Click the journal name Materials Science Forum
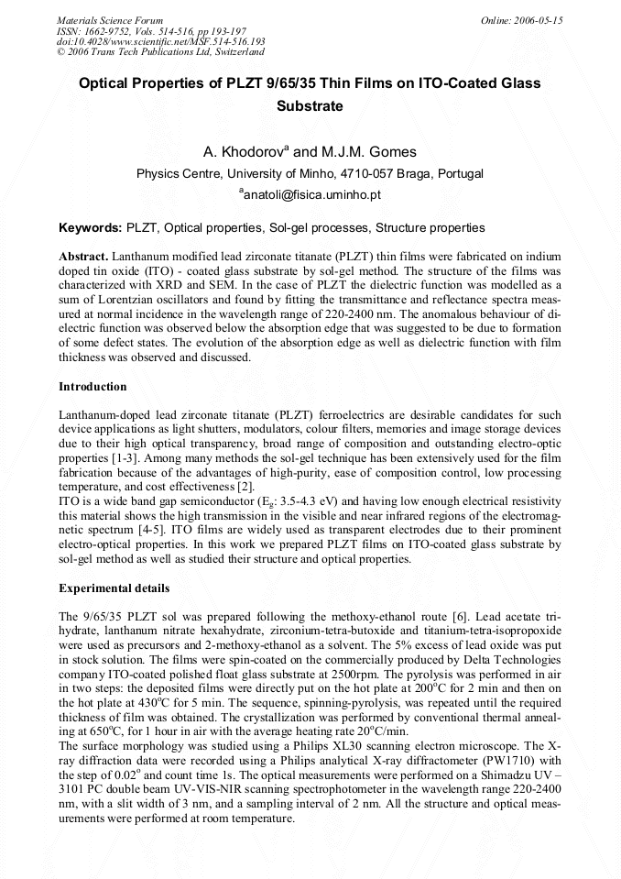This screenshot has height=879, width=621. pyautogui.click(x=110, y=20)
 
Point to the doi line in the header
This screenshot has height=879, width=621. pyautogui.click(x=160, y=42)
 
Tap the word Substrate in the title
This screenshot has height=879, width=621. pyautogui.click(x=310, y=105)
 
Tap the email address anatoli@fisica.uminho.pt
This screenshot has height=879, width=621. pyautogui.click(x=310, y=194)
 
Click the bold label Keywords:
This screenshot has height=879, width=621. pyautogui.click(x=90, y=227)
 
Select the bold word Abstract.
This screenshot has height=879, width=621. pyautogui.click(x=84, y=256)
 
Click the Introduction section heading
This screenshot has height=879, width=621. pyautogui.click(x=93, y=387)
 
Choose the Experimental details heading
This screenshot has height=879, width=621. pyautogui.click(x=114, y=588)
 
